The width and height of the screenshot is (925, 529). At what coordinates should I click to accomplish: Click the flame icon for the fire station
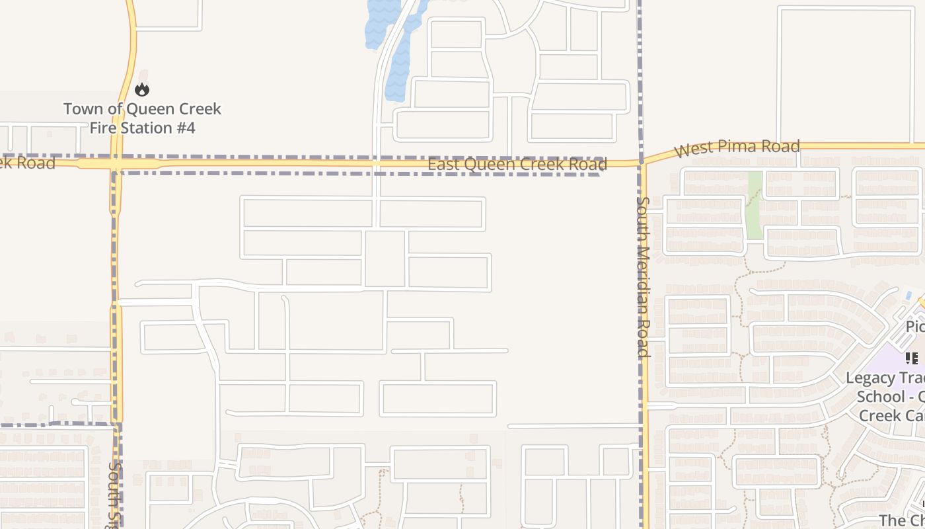(142, 89)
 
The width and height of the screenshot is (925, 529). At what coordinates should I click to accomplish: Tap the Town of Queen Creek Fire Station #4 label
(142, 118)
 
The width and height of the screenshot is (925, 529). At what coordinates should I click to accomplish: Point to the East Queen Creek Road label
(517, 164)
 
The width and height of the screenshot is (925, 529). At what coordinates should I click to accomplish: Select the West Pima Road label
(737, 147)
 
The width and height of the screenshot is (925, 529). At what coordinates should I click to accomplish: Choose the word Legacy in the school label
(870, 378)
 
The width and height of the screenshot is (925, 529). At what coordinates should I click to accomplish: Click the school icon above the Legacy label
(912, 358)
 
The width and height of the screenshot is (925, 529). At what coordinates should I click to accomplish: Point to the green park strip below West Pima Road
(754, 205)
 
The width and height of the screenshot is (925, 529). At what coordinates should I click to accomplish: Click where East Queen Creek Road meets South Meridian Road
(642, 162)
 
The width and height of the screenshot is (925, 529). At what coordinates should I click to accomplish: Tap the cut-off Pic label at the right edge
(915, 327)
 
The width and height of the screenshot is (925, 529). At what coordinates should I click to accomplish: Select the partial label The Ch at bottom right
(902, 520)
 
